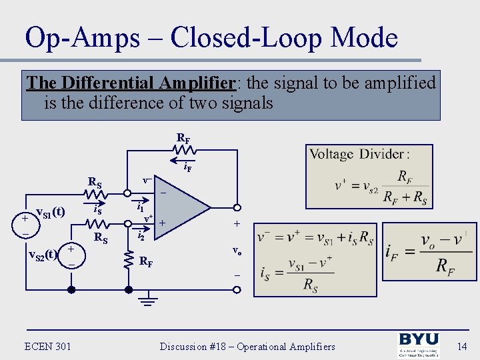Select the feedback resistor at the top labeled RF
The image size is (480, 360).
point(185,153)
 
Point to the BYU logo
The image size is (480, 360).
point(419,345)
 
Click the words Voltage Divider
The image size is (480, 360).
point(357,154)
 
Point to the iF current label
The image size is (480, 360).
point(188,168)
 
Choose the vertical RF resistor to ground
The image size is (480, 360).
point(129,260)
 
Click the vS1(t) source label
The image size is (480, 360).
point(50,213)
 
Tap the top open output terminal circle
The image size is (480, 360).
point(237,207)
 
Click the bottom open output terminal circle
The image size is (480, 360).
point(237,290)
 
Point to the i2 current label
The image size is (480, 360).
point(141,235)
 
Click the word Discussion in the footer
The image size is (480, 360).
point(187,346)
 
